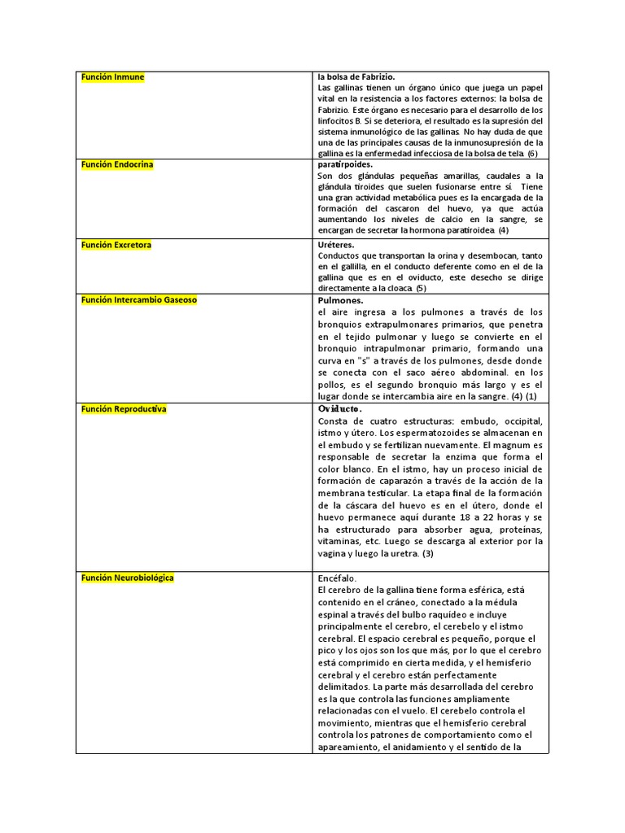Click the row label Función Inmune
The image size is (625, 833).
click(x=112, y=77)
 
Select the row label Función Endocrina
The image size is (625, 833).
click(x=117, y=164)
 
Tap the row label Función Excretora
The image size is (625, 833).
click(x=116, y=245)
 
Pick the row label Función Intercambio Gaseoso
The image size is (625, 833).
click(x=138, y=300)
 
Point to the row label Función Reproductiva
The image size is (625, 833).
click(x=124, y=409)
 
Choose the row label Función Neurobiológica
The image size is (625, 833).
click(x=127, y=578)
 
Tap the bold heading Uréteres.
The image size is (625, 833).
click(x=336, y=245)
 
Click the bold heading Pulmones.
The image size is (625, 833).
click(x=340, y=300)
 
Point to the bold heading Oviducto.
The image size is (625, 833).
click(x=340, y=409)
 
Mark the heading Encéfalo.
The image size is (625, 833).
click(x=338, y=578)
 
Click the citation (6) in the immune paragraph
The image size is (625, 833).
click(x=532, y=154)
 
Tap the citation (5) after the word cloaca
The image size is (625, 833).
click(x=421, y=288)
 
